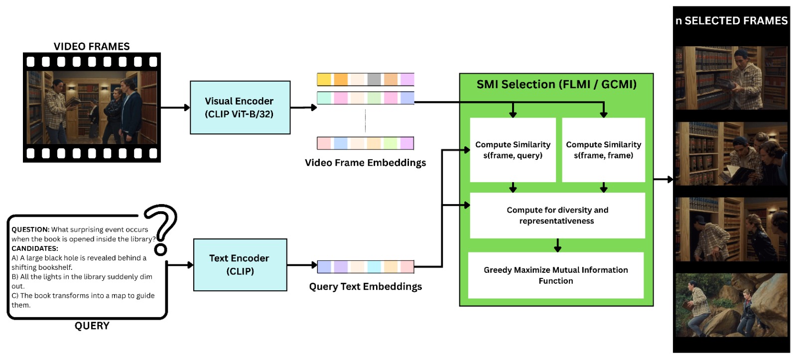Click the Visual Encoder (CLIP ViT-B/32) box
(240, 108)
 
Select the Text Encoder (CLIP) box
(240, 265)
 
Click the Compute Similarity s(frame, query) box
(513, 150)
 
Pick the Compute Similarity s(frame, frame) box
(603, 150)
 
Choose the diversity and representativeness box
(557, 216)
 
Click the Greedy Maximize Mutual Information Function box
(555, 275)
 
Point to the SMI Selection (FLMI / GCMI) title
(556, 85)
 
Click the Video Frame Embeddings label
(365, 163)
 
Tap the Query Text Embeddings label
(365, 287)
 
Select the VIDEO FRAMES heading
(92, 46)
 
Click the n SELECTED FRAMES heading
(731, 21)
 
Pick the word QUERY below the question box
(92, 326)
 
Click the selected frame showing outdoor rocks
(731, 305)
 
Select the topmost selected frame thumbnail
(731, 78)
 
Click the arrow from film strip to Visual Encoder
(175, 108)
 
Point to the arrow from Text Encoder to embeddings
(302, 265)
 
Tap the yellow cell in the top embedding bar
(324, 80)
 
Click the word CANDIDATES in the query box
(35, 248)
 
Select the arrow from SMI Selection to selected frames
(663, 179)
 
